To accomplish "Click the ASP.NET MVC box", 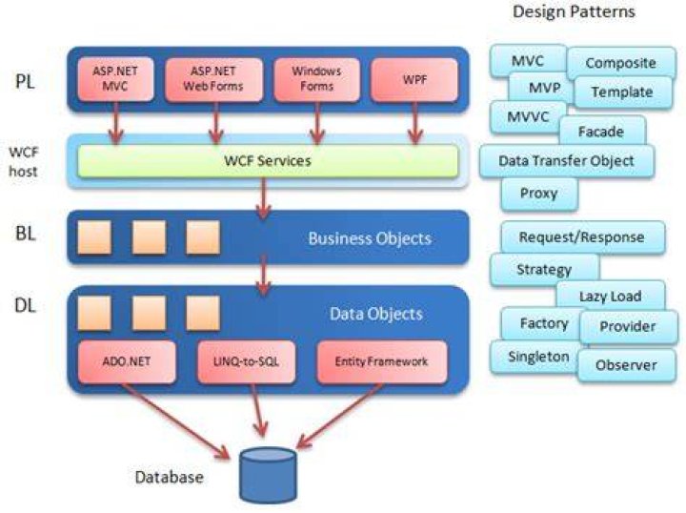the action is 116,79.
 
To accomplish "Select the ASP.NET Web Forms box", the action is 214,79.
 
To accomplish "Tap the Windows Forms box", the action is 316,79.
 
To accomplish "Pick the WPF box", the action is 414,80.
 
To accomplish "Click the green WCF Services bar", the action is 268,160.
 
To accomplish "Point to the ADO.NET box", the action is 127,362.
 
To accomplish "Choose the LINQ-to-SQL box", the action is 247,362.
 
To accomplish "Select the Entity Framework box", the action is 382,362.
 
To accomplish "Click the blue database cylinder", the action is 268,475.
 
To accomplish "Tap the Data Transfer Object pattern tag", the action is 567,161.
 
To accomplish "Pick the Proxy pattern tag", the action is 539,194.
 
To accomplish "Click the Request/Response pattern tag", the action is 582,237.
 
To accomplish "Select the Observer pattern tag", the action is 627,365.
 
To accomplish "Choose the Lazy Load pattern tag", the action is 611,296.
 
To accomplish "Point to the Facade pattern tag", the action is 601,131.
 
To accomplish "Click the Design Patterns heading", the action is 574,11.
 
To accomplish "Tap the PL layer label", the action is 25,81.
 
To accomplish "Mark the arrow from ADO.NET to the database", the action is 175,421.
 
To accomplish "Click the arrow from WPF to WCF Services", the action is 414,123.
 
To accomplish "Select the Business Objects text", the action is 370,238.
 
